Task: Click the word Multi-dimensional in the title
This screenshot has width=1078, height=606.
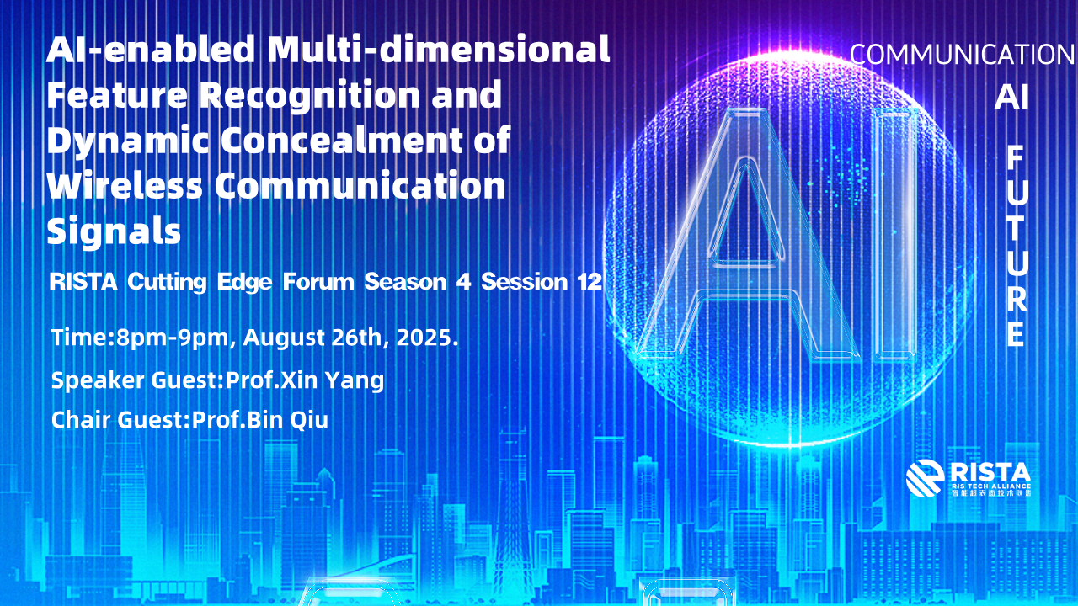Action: click(x=439, y=49)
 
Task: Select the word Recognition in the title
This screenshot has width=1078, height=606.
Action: click(x=309, y=95)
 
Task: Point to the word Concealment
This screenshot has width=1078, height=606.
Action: click(x=342, y=139)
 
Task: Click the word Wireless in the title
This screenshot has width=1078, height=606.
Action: click(x=125, y=185)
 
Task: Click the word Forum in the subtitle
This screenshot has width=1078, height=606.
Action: click(x=318, y=281)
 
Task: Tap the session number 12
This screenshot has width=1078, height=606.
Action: click(x=590, y=281)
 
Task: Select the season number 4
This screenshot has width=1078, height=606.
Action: click(x=463, y=281)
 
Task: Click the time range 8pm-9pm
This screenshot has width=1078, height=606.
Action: click(x=173, y=338)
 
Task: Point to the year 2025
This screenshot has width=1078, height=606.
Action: click(x=424, y=338)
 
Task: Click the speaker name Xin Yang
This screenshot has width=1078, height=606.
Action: click(x=332, y=380)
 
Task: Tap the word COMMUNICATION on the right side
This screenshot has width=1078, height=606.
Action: click(x=963, y=55)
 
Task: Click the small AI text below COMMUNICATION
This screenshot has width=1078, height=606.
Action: click(x=1011, y=97)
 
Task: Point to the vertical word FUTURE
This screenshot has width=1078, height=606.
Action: click(x=1016, y=247)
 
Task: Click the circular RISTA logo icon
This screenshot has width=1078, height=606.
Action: click(x=925, y=478)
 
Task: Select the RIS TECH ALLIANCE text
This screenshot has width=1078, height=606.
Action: click(x=991, y=486)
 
